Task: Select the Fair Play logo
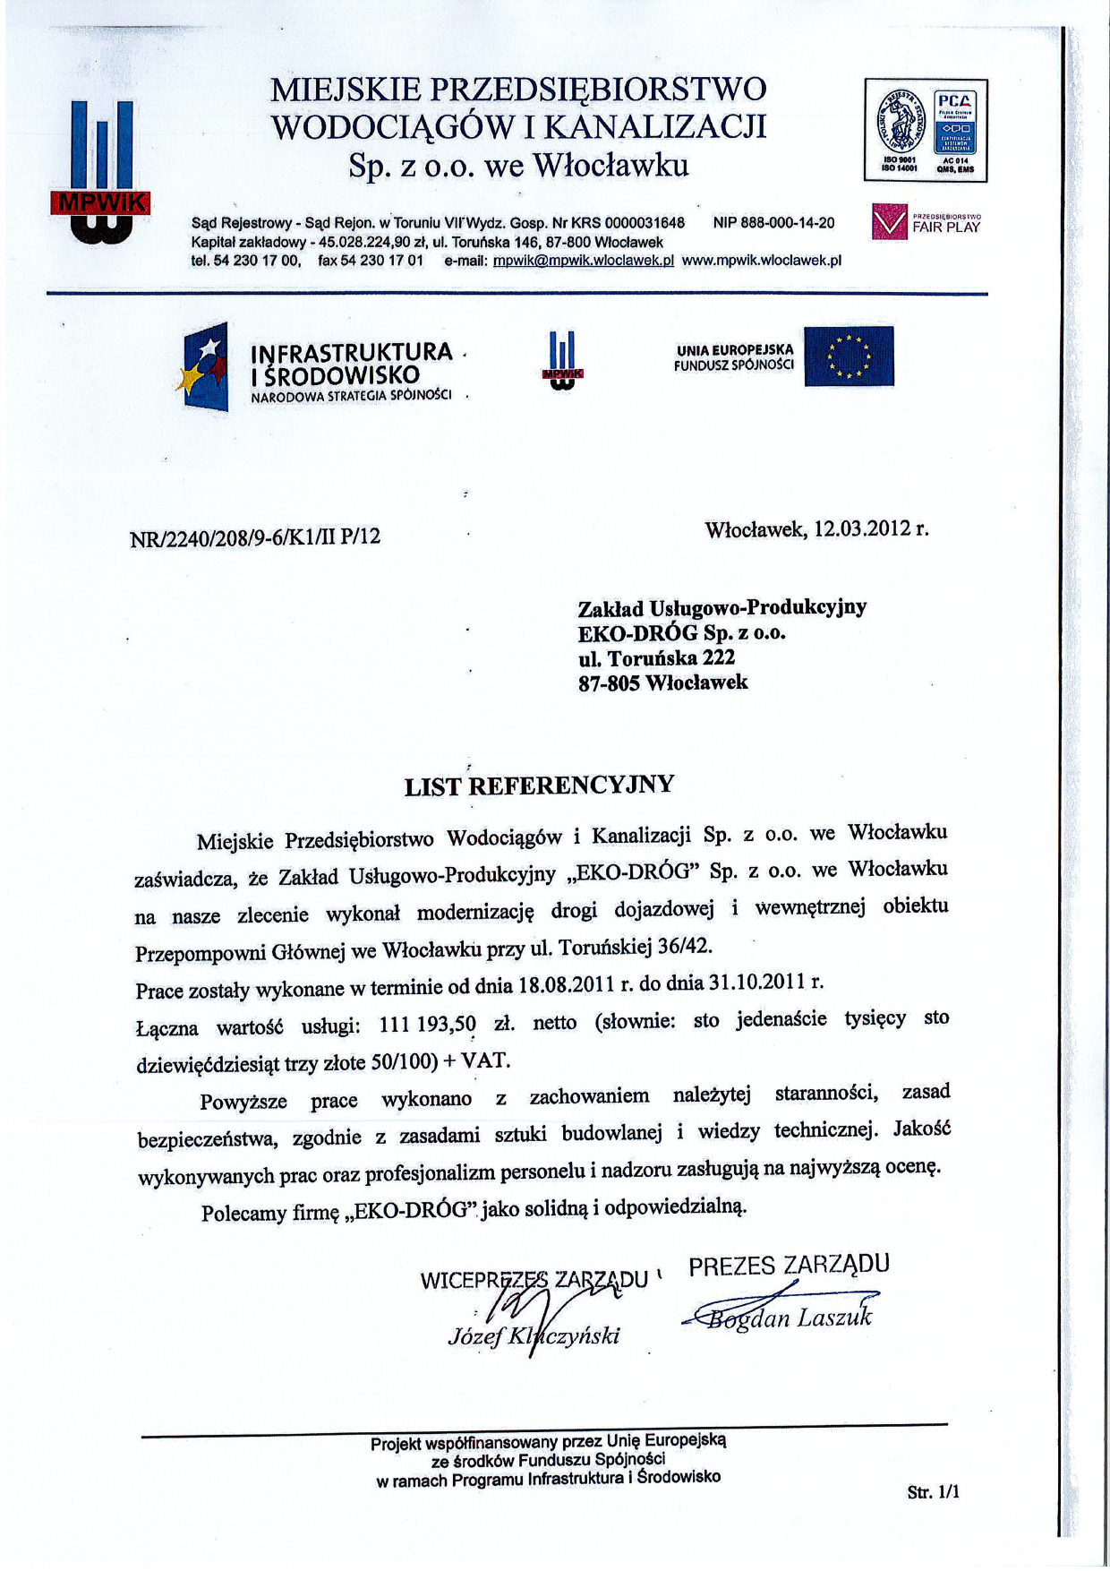(x=926, y=222)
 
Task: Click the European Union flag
(x=848, y=356)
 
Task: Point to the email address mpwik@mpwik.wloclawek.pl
(x=583, y=261)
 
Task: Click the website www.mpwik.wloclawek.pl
(x=761, y=261)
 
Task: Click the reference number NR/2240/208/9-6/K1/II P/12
(x=255, y=537)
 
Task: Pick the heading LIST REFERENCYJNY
(x=539, y=786)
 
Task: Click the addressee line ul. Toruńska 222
(x=657, y=658)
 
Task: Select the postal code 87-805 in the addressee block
(x=609, y=683)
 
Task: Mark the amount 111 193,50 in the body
(x=429, y=1024)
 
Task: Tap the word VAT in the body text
(x=484, y=1061)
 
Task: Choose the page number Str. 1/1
(x=933, y=1492)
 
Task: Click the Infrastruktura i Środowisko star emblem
(x=206, y=366)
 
